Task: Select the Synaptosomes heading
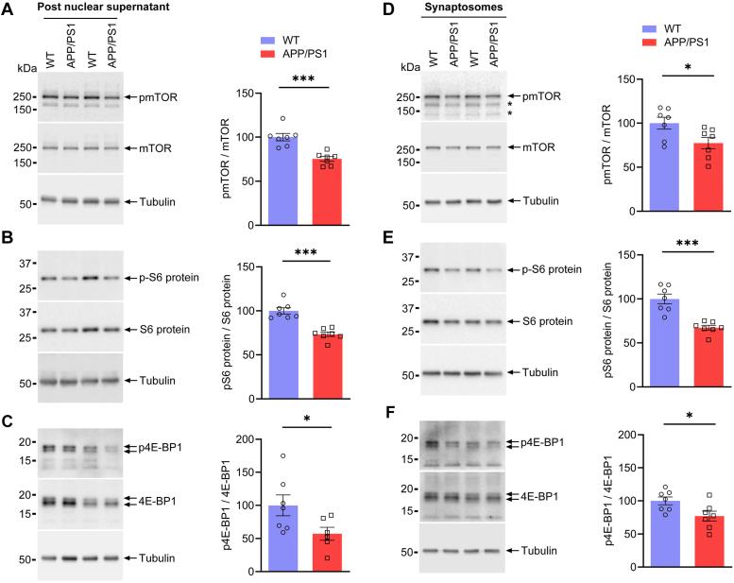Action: tap(459, 9)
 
